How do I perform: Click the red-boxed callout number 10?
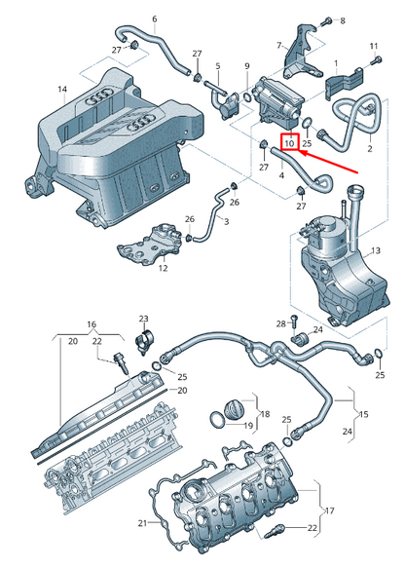[289, 144]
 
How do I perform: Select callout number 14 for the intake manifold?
[62, 89]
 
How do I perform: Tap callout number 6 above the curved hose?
[155, 19]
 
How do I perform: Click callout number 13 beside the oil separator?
[376, 250]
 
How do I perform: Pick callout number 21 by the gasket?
[143, 523]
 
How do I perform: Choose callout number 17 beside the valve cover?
[329, 511]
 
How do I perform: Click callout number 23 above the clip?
[144, 319]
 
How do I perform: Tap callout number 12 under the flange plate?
[164, 269]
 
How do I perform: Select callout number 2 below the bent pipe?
[370, 148]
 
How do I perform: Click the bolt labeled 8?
[327, 20]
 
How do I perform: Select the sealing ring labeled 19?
[217, 419]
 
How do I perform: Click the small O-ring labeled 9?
[247, 97]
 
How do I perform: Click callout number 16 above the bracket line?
[92, 324]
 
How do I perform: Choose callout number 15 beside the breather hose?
[364, 414]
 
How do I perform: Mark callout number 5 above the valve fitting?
[218, 66]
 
